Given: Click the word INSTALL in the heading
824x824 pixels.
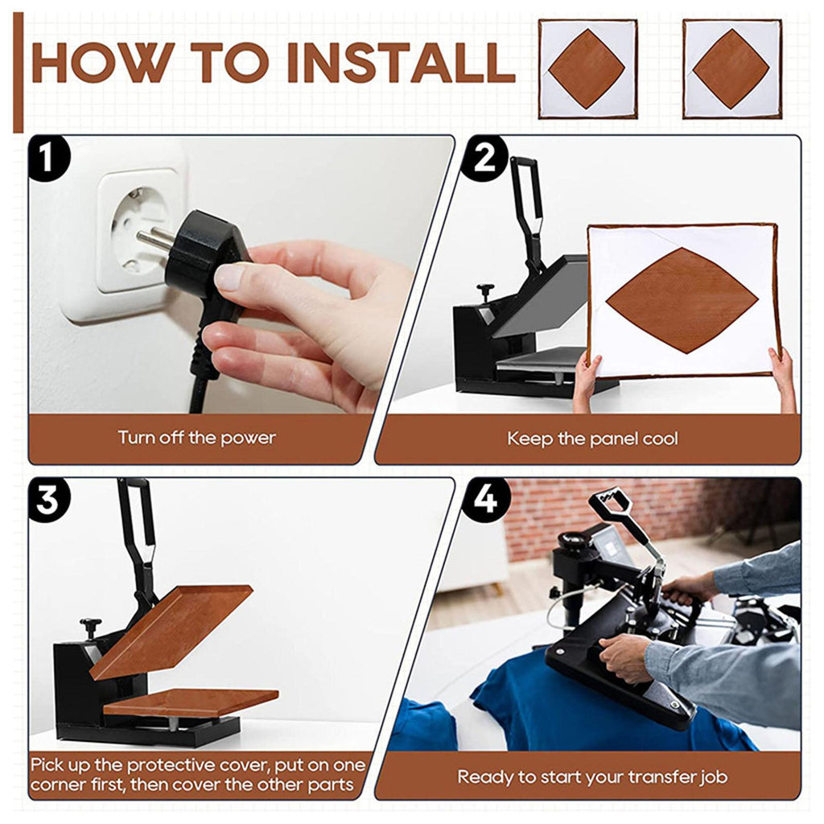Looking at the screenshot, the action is point(401,63).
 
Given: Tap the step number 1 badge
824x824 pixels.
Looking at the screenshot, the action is point(48,159).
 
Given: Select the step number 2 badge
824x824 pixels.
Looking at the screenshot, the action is point(484,159).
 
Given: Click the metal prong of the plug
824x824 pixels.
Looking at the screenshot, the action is point(155,238).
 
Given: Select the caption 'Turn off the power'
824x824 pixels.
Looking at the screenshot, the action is point(196,438).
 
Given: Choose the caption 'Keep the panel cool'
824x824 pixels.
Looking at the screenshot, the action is point(592,439).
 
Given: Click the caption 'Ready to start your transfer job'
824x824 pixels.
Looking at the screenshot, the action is point(592,777).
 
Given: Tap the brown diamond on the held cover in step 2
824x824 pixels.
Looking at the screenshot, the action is point(682,301).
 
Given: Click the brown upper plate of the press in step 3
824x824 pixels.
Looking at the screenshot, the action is point(171,631).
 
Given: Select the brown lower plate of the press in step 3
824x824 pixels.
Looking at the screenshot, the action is point(191,702).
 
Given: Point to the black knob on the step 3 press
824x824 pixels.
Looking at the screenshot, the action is point(90,626).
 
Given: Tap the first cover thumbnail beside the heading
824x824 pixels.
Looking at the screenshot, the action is point(587,69).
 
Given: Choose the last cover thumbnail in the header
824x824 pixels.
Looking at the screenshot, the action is point(732,69).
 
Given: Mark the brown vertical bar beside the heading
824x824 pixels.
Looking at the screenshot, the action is point(19,72).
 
